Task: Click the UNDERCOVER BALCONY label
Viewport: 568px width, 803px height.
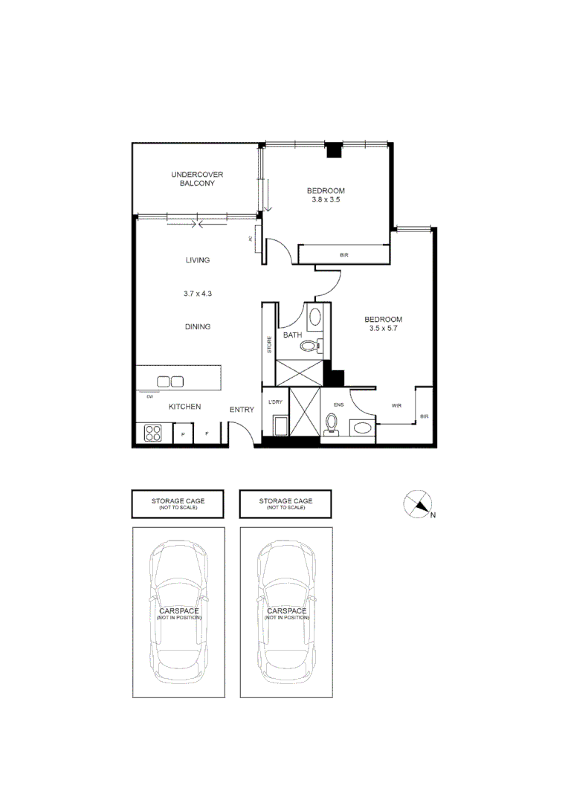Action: coord(197,178)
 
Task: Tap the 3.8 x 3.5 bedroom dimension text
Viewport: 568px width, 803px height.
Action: coord(326,200)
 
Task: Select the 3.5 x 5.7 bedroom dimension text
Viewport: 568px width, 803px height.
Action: coord(383,328)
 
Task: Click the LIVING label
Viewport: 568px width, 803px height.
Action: coord(198,260)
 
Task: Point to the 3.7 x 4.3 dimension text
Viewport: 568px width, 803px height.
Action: coord(198,294)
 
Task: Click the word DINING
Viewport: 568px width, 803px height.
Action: coord(198,326)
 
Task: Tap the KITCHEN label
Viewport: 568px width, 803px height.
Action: coord(184,407)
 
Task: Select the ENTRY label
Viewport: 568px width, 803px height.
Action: coord(242,410)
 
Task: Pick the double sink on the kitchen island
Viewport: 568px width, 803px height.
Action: coord(170,381)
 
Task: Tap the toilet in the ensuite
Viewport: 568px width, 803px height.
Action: coord(332,423)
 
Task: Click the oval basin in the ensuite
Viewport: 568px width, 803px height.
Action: coord(362,428)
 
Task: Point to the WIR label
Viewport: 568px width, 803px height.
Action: coord(396,405)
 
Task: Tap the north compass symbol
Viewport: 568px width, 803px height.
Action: coord(419,505)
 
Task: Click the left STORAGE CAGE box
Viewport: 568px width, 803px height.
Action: coord(178,503)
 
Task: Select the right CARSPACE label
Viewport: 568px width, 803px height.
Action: coord(285,613)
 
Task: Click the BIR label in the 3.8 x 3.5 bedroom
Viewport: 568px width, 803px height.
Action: coord(343,255)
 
